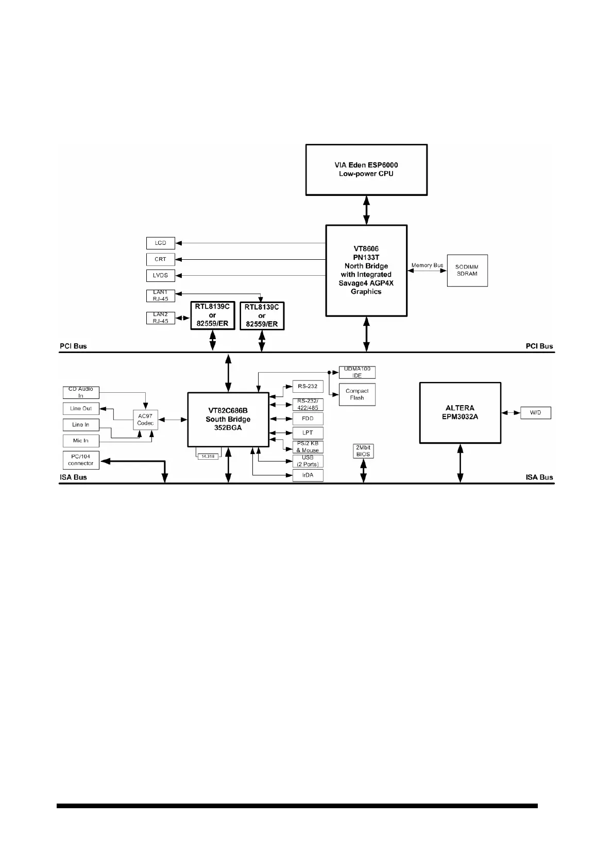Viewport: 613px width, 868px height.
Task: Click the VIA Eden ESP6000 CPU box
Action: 366,170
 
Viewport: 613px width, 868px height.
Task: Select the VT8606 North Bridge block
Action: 366,270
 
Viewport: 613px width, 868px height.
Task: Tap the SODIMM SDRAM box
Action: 467,270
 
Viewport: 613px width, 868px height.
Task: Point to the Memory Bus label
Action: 427,265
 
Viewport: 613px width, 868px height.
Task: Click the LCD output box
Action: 160,243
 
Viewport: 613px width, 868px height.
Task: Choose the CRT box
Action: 160,259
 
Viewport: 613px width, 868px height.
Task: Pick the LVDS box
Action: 160,275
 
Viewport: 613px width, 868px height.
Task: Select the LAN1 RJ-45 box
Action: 160,295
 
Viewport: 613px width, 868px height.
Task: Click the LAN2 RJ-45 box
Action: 160,318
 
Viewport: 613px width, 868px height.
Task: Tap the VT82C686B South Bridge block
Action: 228,420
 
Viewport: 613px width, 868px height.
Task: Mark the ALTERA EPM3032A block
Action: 460,412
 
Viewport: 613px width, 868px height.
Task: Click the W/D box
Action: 535,413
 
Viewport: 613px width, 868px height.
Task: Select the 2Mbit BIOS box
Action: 363,451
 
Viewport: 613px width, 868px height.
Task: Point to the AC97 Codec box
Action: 145,420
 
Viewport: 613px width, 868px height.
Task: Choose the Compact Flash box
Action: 357,394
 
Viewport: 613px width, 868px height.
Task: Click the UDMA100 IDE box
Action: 357,372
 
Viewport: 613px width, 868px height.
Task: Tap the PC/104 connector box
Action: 80,460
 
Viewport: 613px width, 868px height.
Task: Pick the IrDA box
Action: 308,475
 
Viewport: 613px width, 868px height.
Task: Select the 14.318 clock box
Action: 208,456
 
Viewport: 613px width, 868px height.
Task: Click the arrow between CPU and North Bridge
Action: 366,210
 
